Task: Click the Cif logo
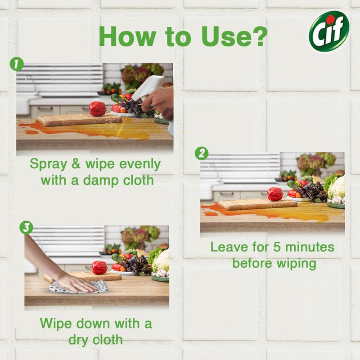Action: click(x=329, y=31)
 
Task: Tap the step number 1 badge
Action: click(x=16, y=64)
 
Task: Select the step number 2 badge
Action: click(x=201, y=154)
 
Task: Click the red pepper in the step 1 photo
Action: click(x=97, y=109)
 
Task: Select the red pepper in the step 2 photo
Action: click(x=275, y=194)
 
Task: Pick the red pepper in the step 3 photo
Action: click(x=99, y=267)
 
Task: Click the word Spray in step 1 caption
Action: click(x=47, y=164)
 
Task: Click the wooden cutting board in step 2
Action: click(x=257, y=204)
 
